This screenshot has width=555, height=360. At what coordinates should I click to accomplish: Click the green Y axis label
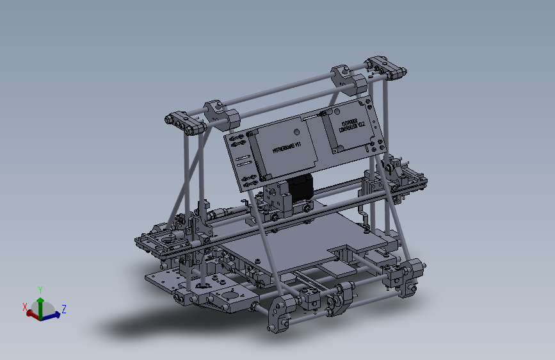40,290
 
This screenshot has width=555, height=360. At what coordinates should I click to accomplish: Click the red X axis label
25,307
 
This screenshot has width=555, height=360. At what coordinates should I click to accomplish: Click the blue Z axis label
64,309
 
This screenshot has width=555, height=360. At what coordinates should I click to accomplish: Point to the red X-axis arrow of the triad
31,313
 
